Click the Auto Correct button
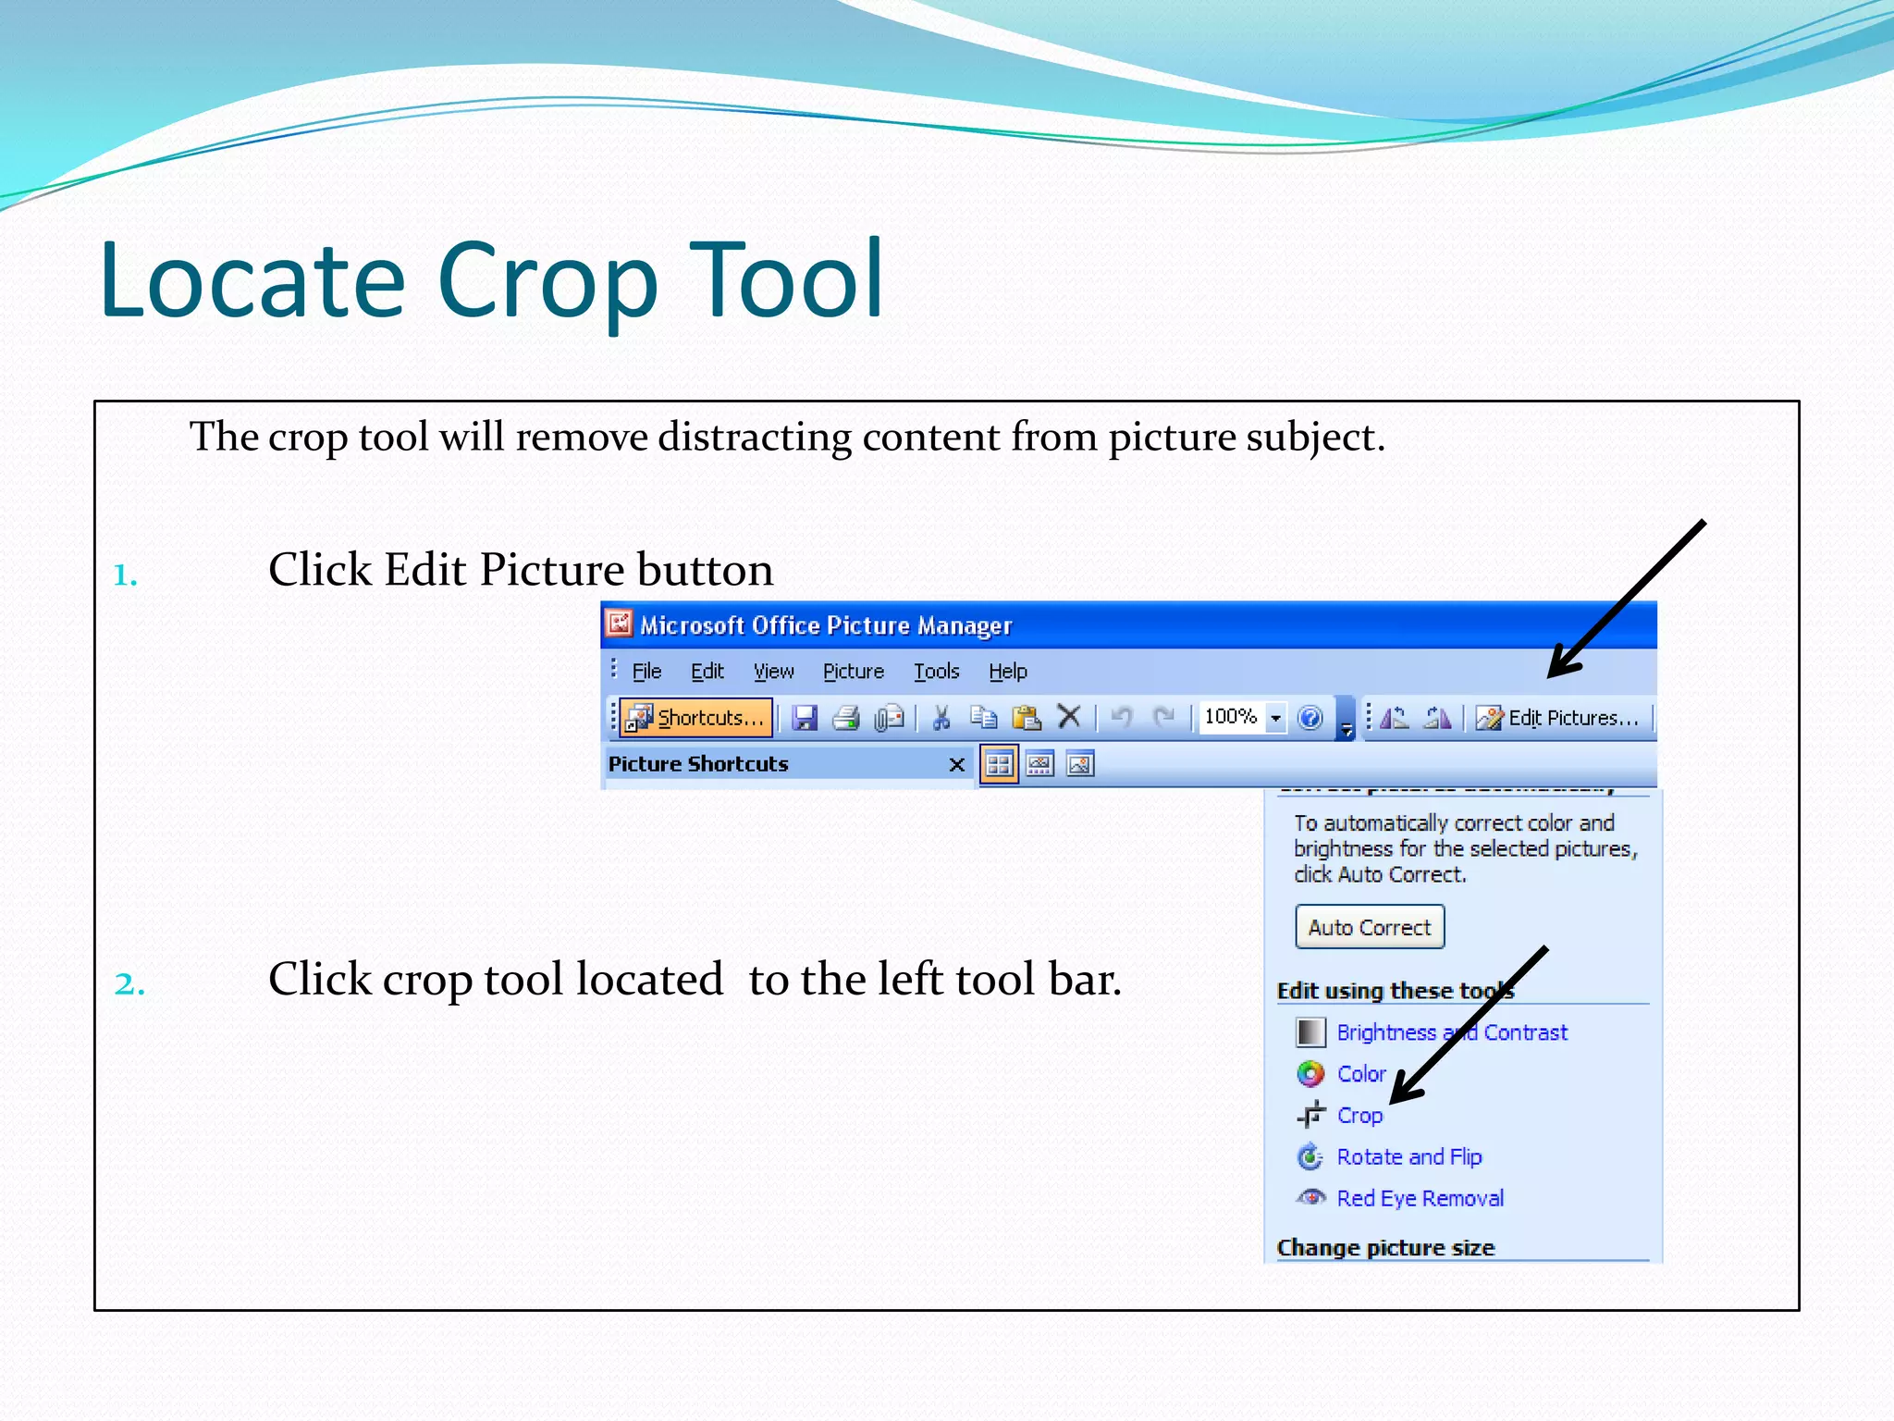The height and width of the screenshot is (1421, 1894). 1369,927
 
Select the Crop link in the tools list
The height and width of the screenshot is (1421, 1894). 1359,1116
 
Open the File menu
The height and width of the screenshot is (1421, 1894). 646,672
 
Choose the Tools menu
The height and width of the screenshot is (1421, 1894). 936,672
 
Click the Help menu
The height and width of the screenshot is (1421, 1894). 1007,672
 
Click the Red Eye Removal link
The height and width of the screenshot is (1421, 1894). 1420,1199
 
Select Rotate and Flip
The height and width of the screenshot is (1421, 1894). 1408,1157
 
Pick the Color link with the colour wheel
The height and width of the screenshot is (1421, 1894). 1360,1074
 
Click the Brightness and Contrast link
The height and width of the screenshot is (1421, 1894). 1451,1032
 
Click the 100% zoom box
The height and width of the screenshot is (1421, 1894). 1231,717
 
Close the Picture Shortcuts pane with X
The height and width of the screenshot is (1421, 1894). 956,764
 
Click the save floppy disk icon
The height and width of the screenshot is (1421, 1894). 805,718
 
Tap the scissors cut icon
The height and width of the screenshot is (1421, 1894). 941,718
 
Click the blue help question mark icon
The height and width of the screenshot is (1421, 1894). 1310,718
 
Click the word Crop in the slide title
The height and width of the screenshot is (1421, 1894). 547,281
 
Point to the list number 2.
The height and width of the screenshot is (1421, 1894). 129,983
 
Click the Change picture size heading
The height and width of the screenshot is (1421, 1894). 1384,1248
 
